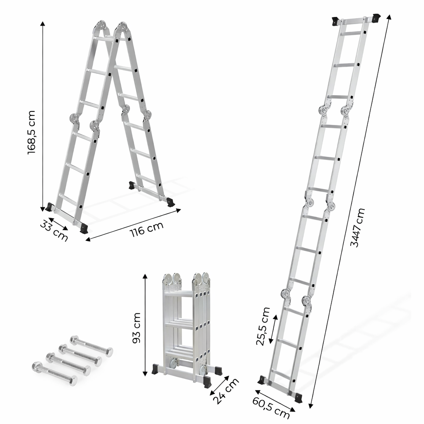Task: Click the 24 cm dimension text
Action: [x=226, y=390]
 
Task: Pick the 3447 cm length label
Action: [x=357, y=227]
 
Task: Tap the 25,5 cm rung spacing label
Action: [x=263, y=326]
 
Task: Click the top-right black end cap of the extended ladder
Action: [x=377, y=18]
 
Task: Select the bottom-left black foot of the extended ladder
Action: [x=262, y=380]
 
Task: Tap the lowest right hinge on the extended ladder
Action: [x=307, y=301]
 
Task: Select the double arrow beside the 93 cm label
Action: [x=145, y=325]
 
